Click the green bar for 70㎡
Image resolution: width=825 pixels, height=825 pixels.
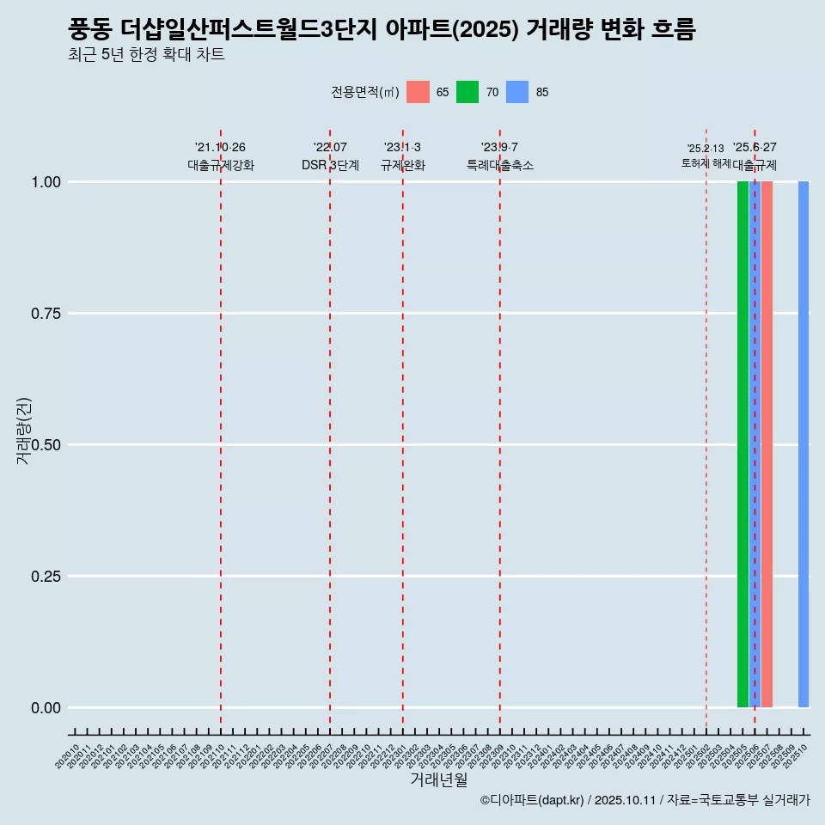(742, 444)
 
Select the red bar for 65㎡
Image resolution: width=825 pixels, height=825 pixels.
(767, 444)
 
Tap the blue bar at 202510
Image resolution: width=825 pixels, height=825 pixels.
(804, 444)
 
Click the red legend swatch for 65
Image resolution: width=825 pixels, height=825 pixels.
(418, 92)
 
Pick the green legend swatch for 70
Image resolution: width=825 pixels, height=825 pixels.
(467, 92)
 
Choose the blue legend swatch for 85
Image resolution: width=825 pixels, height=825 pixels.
(517, 92)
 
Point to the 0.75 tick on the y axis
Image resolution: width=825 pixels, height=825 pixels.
(44, 314)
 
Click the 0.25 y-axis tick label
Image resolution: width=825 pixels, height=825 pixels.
(44, 577)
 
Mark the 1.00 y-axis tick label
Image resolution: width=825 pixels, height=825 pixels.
(44, 182)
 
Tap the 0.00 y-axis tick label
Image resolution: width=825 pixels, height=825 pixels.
(44, 708)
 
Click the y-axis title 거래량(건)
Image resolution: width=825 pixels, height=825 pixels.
(24, 431)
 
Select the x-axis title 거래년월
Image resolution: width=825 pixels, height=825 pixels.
(439, 779)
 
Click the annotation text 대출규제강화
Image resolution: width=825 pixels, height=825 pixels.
(221, 165)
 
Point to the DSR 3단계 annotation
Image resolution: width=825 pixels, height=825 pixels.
(330, 165)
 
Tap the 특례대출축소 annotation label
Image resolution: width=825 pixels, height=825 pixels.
(500, 165)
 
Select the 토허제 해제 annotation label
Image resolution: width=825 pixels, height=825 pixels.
(706, 162)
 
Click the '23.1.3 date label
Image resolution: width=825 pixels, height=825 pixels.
(402, 148)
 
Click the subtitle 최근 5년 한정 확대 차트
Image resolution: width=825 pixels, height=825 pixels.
(146, 55)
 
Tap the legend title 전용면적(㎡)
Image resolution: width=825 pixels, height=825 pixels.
(364, 92)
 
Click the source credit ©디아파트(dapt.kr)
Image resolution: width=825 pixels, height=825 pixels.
(532, 800)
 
